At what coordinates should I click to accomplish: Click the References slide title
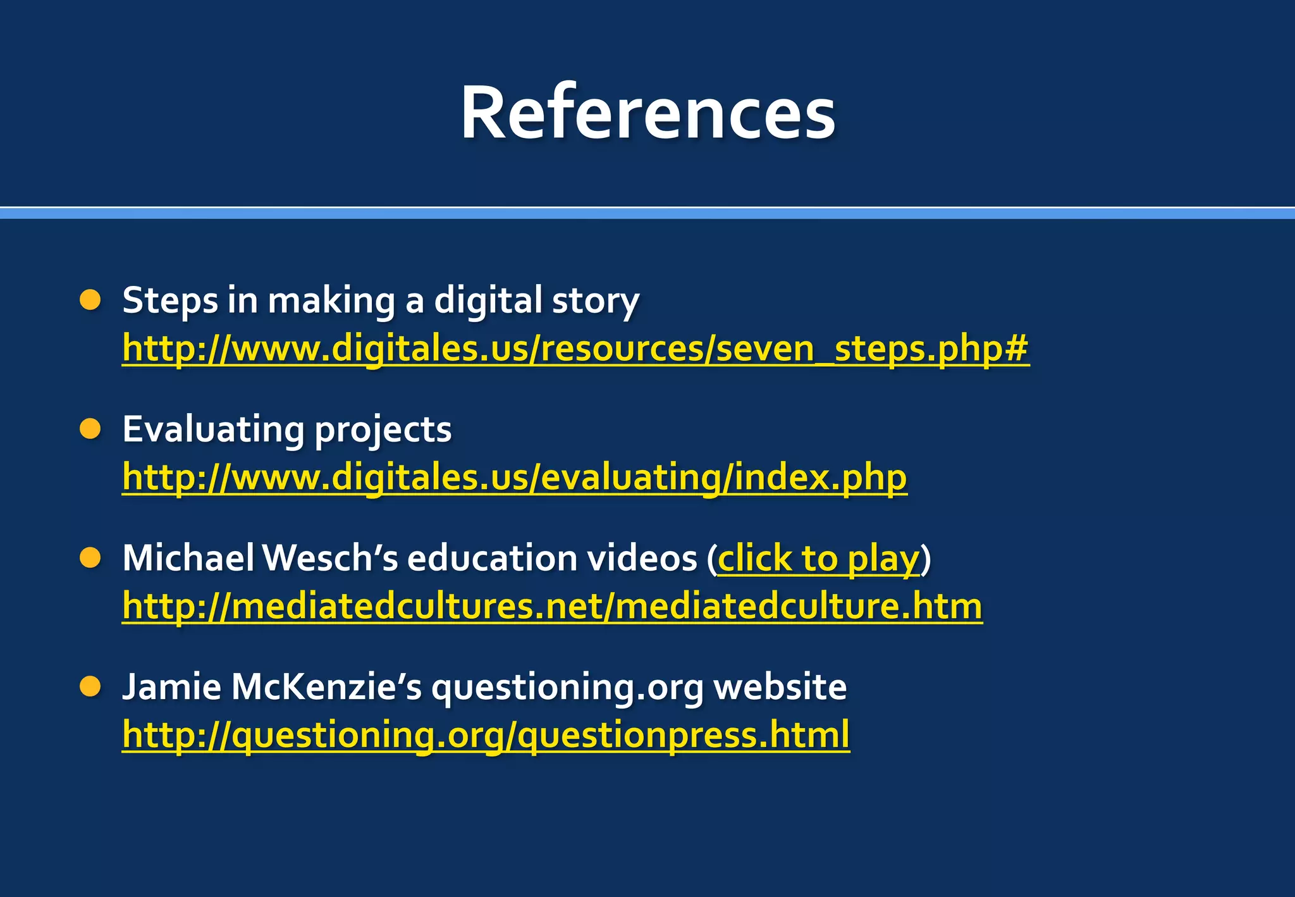(647, 113)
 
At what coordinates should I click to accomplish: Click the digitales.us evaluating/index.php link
(514, 477)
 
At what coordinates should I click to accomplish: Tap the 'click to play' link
(818, 559)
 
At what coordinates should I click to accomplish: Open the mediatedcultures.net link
(552, 606)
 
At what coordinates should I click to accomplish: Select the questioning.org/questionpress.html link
(486, 734)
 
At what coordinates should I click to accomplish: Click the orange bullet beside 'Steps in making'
(90, 300)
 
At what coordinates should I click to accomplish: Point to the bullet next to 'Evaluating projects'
(90, 430)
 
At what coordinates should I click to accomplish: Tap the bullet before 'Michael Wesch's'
(90, 558)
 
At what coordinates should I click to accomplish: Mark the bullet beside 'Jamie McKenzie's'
(90, 686)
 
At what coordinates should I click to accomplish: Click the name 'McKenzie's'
(326, 686)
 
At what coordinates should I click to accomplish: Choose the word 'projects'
(383, 430)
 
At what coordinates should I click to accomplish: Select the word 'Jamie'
(171, 686)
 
